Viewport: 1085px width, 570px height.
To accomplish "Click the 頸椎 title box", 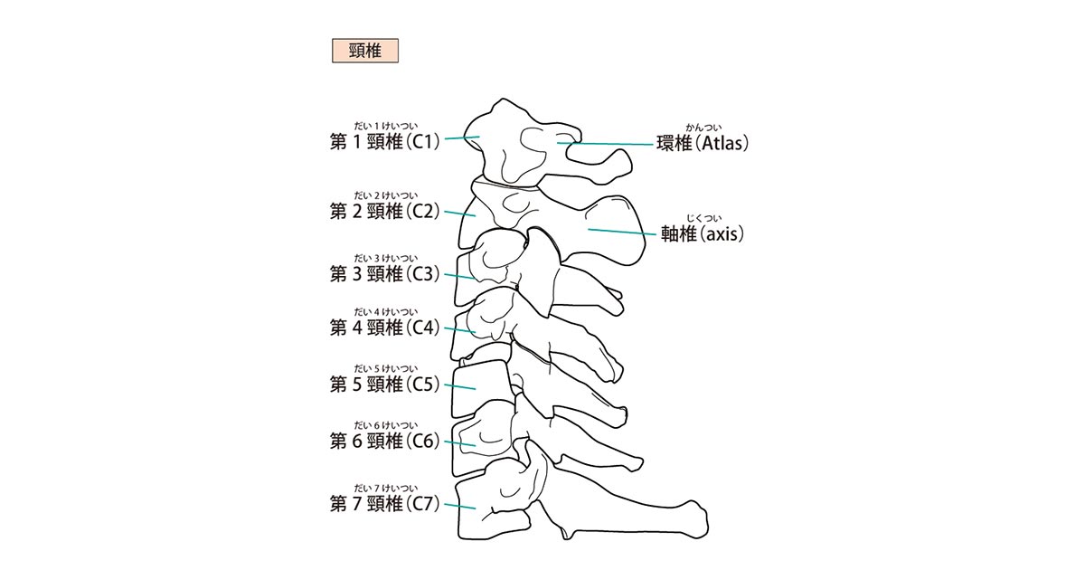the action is pos(365,51).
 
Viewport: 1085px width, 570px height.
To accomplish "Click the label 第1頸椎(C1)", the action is pos(384,142).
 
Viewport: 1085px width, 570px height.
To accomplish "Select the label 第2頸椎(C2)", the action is pos(384,212).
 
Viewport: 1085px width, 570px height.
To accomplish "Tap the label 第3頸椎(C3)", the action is pos(384,274).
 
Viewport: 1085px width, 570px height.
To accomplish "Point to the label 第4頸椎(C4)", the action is pos(384,328).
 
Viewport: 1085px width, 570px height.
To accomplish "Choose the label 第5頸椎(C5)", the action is pos(384,385).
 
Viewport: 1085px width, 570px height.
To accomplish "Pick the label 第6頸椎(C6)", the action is pos(384,442).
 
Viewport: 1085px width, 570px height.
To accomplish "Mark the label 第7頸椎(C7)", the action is pos(384,505).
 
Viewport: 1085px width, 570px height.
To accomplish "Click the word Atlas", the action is pos(722,144).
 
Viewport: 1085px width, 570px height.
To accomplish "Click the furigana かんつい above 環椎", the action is pos(703,128).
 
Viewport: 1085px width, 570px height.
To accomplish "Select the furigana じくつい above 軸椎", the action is pos(703,219).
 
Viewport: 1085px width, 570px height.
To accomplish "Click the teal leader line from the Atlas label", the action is pos(605,144).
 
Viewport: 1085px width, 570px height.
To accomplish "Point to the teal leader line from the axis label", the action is pos(622,232).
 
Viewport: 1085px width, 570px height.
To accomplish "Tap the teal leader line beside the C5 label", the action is pos(460,387).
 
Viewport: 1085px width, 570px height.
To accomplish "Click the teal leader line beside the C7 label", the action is pos(460,507).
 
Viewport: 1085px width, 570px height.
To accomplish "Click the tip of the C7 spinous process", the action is pos(706,521).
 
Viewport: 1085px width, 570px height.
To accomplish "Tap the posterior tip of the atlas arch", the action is pos(629,162).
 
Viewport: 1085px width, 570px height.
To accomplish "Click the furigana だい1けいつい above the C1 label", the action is pos(385,127).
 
